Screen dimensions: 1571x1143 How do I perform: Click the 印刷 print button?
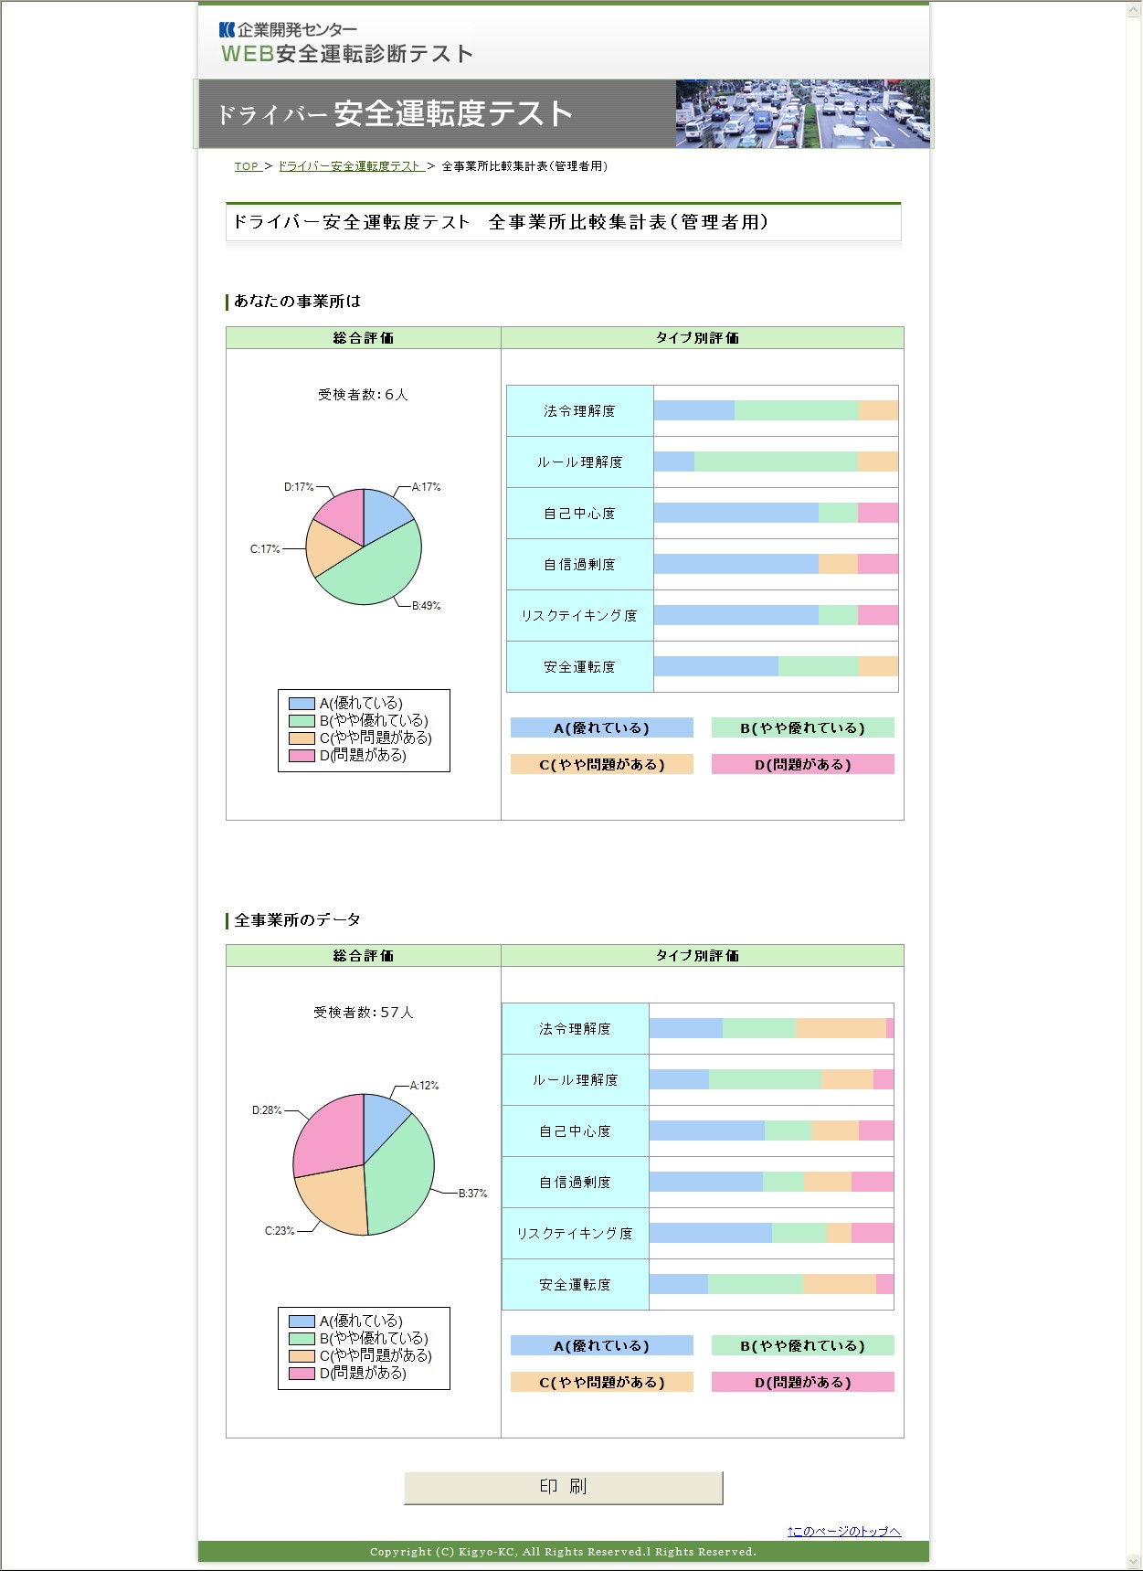pos(563,1487)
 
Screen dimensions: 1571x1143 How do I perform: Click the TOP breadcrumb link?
pos(247,166)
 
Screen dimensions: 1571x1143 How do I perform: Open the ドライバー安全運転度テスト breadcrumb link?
pos(349,166)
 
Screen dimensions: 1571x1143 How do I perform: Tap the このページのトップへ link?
pos(843,1531)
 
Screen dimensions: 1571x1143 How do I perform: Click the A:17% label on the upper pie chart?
pos(426,487)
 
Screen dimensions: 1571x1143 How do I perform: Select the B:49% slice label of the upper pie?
pos(426,606)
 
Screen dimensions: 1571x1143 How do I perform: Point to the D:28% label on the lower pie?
pos(267,1110)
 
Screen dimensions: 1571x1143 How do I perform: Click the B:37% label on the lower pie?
pos(472,1194)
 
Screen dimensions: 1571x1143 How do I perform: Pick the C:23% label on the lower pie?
pos(280,1231)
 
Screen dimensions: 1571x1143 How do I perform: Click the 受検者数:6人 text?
pos(363,395)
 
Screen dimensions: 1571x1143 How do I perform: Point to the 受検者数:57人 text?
pos(363,1013)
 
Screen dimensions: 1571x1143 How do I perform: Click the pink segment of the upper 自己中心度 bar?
pos(878,513)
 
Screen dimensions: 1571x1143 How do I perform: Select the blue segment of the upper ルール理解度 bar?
pos(674,462)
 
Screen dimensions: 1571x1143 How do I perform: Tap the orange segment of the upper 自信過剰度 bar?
pos(838,564)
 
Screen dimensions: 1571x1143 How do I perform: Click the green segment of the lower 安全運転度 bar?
pos(755,1284)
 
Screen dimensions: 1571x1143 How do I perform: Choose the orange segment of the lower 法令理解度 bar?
pos(841,1028)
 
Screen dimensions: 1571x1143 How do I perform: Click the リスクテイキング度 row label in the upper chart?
pos(579,616)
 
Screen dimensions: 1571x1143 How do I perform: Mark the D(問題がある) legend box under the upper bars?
pos(802,765)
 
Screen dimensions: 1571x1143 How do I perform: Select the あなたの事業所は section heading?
pos(297,302)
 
